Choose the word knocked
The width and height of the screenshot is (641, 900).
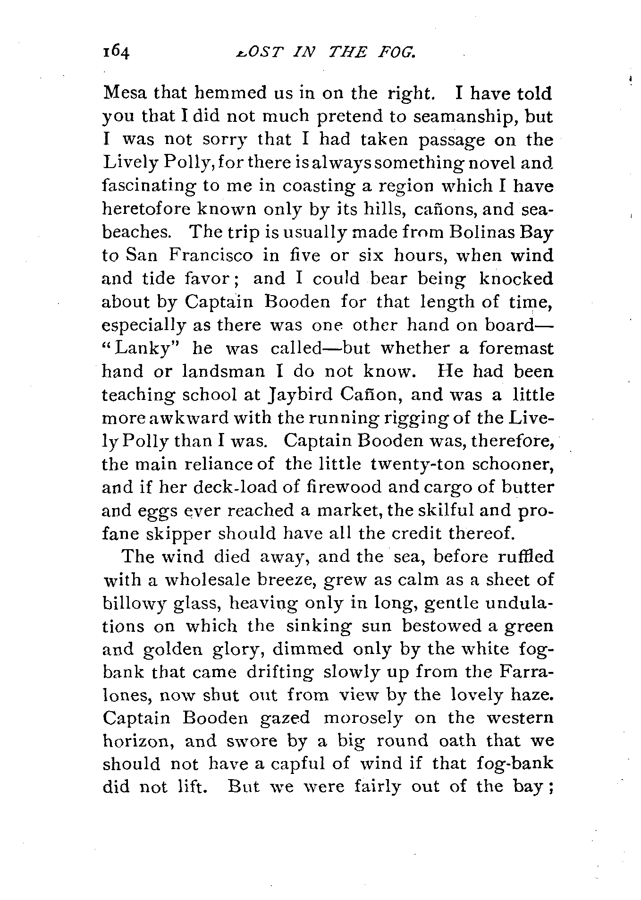[516, 279]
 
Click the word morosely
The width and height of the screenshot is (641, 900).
[364, 718]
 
